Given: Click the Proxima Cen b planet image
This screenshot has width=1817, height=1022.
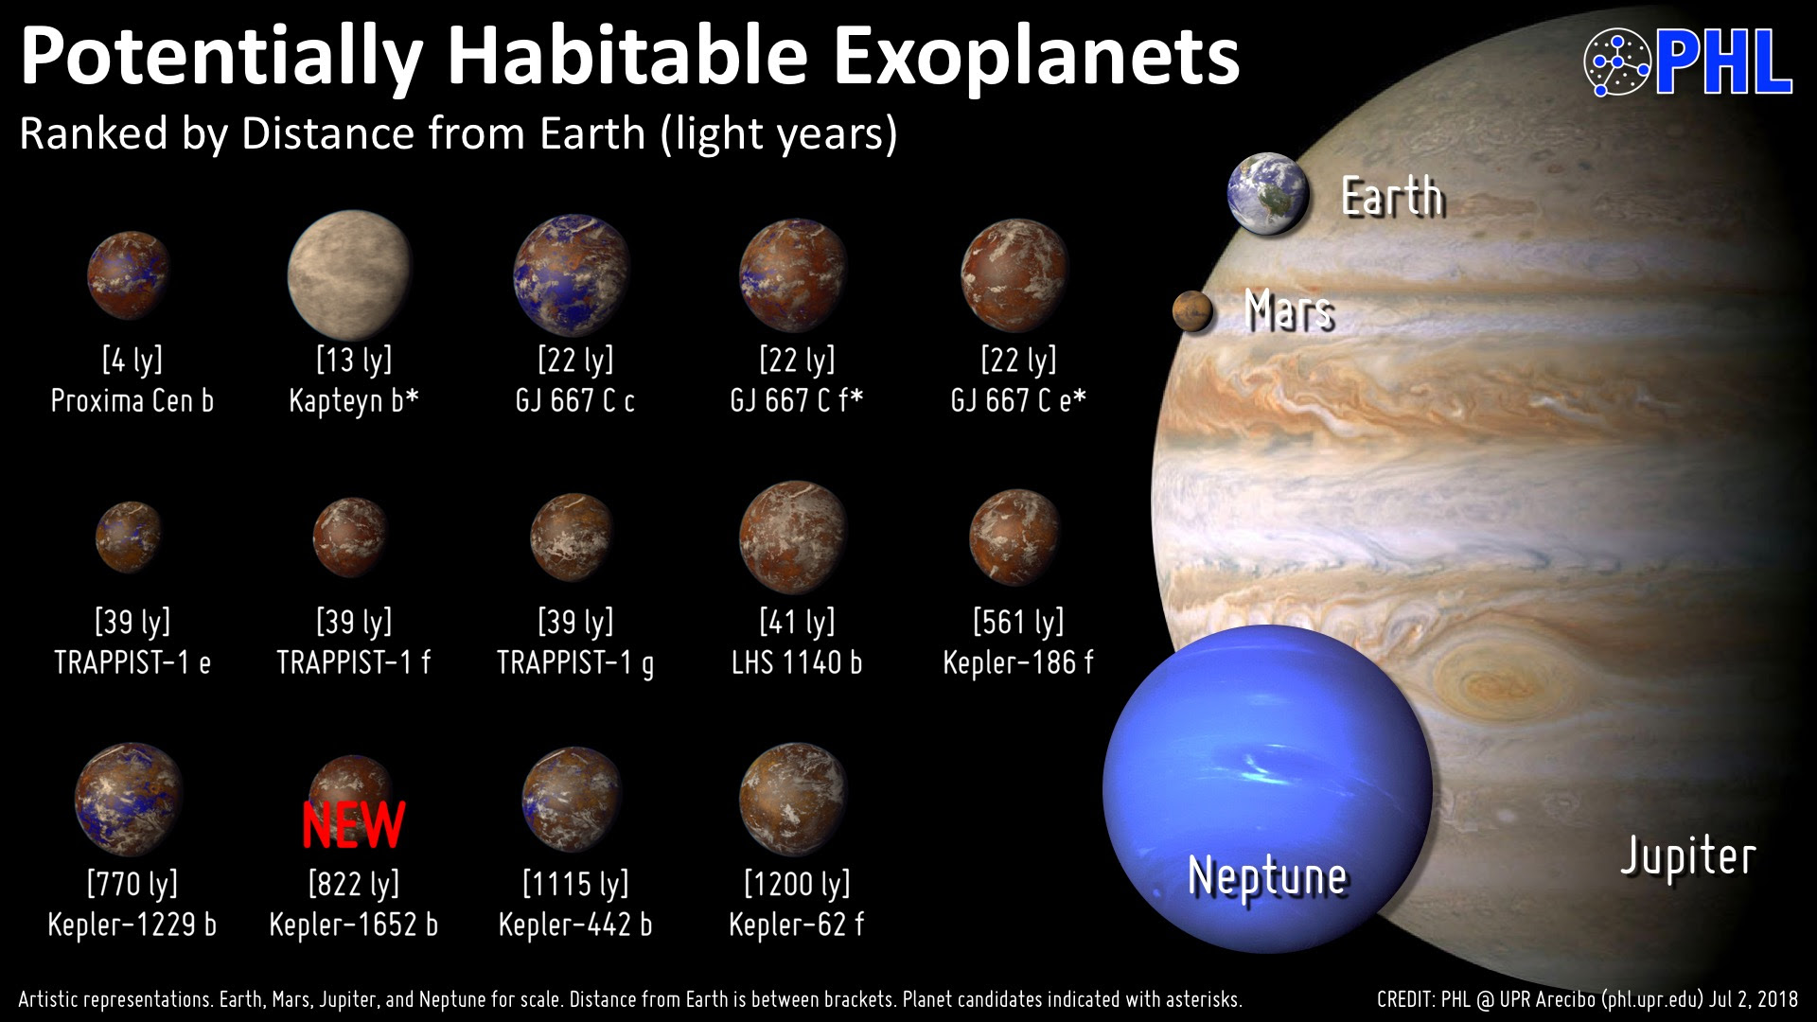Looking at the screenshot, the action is [x=129, y=274].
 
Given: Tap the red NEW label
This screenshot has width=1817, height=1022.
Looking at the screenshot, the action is [x=354, y=824].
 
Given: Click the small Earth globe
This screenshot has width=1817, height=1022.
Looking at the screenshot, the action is [x=1268, y=194].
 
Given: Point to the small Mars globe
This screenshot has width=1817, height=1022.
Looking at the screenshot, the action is [x=1192, y=311].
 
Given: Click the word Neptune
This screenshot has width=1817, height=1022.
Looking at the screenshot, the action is [x=1267, y=876].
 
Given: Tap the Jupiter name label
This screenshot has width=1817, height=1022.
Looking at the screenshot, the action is [x=1688, y=857].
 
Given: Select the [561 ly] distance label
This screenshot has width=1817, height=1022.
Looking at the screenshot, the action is [x=1018, y=622].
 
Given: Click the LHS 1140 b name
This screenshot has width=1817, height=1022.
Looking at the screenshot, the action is [x=797, y=662].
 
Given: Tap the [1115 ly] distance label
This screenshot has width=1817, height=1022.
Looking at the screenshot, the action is [x=575, y=884].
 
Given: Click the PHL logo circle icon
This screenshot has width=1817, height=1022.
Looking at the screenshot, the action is [x=1616, y=62].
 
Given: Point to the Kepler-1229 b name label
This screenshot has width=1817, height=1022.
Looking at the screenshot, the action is [x=132, y=925].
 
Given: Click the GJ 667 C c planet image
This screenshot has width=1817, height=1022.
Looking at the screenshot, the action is [x=572, y=275].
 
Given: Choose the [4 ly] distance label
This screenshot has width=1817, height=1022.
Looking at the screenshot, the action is [x=132, y=360].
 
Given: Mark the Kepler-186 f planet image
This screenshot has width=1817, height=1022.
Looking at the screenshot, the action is [x=1015, y=537].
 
